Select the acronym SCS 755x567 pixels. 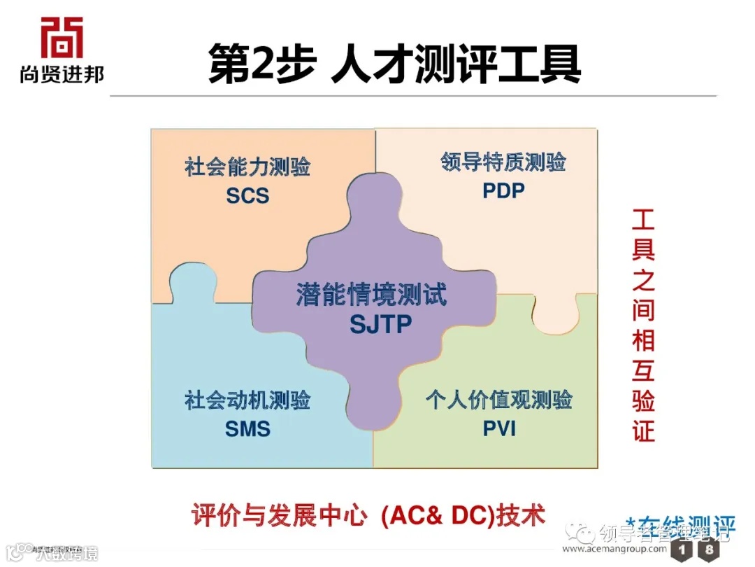(247, 195)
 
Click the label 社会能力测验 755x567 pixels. (247, 167)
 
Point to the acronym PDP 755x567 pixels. (503, 190)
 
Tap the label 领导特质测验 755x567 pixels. (503, 162)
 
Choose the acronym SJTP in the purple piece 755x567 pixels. (381, 324)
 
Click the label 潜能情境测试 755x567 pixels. (371, 295)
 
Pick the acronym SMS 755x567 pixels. (247, 428)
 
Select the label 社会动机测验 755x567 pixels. (247, 400)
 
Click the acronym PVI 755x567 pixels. (499, 428)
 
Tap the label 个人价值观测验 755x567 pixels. (499, 400)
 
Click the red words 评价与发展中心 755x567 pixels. (279, 516)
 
